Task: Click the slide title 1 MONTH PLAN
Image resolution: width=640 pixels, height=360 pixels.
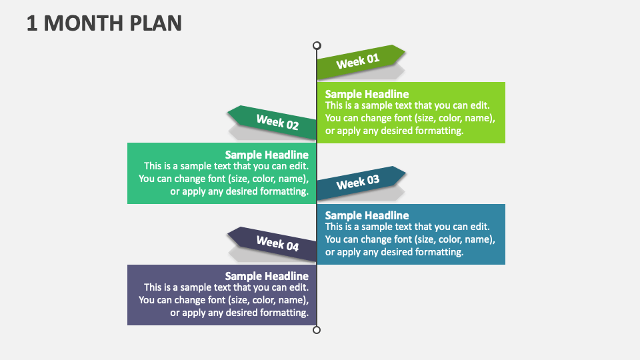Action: click(104, 23)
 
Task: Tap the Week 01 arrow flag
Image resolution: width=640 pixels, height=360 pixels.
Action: click(360, 62)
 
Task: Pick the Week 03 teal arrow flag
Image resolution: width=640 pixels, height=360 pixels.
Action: click(360, 183)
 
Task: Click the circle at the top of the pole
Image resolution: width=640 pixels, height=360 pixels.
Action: click(317, 45)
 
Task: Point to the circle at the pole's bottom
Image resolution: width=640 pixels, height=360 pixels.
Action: click(317, 330)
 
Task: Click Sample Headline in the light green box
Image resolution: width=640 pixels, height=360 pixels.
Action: click(367, 94)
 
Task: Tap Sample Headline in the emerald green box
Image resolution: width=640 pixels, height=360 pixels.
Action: click(267, 155)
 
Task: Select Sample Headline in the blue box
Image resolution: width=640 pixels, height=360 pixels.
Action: click(367, 215)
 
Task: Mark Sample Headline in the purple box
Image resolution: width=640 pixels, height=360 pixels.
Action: click(267, 276)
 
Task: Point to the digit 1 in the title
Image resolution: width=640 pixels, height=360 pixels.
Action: click(32, 23)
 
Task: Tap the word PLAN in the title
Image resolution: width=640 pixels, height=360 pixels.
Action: click(155, 23)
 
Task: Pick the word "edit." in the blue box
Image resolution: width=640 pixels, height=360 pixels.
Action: click(479, 227)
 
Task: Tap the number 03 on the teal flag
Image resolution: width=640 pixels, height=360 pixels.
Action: click(372, 179)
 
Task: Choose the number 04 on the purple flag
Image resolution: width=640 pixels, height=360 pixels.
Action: click(291, 247)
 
